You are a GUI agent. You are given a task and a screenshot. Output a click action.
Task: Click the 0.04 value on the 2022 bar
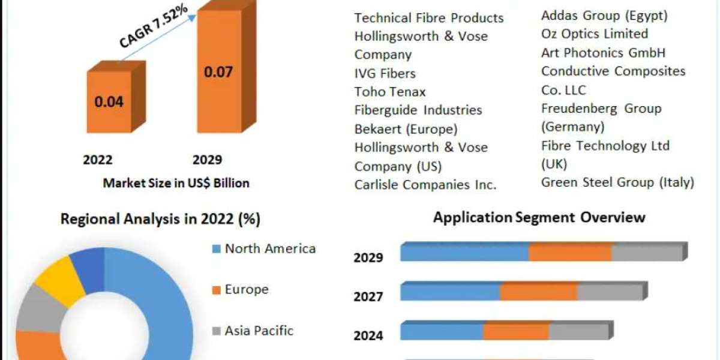(x=109, y=101)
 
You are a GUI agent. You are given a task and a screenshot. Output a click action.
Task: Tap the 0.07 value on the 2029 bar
(x=218, y=71)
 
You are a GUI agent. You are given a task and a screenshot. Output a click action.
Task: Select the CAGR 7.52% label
(x=154, y=26)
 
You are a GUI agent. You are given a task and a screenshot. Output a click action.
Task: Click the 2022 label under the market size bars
(x=98, y=160)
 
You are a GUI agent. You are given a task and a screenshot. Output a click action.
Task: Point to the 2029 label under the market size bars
(x=208, y=160)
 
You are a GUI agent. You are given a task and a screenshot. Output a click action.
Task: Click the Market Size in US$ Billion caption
(x=176, y=183)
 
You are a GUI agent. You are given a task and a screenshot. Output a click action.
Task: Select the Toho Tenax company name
(x=390, y=92)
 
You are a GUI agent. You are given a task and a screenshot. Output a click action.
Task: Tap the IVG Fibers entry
(x=385, y=74)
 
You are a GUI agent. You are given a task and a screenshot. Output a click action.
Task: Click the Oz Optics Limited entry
(x=595, y=34)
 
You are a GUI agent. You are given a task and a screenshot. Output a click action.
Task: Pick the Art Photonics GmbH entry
(x=604, y=53)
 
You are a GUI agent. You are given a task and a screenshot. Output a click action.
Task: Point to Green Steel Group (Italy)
(x=618, y=182)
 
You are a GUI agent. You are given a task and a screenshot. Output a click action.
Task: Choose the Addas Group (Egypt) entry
(x=605, y=16)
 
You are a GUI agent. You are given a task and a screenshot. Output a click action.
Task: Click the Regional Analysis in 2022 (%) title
(x=160, y=219)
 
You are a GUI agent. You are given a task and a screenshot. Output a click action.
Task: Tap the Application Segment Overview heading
(x=539, y=218)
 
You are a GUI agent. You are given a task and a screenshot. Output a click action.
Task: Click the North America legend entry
(x=264, y=249)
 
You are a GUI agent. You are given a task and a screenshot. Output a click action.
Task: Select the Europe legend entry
(x=241, y=290)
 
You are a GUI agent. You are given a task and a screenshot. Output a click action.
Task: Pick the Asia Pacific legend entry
(x=253, y=331)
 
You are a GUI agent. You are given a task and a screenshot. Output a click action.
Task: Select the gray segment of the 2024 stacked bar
(x=579, y=331)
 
